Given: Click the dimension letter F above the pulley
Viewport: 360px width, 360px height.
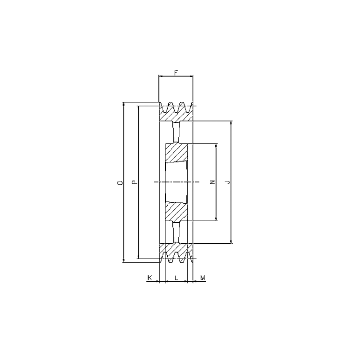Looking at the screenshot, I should click(176, 72).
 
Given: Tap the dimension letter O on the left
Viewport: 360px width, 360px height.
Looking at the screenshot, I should click(120, 182).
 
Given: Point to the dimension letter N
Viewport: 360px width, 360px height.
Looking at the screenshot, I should click(212, 182).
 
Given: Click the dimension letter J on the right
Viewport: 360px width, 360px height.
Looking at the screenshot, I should click(227, 182).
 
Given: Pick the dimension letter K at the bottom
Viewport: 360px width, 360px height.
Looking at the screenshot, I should click(150, 278).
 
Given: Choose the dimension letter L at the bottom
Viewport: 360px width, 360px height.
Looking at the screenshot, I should click(176, 278).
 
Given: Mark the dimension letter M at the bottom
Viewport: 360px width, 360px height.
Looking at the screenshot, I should click(203, 278).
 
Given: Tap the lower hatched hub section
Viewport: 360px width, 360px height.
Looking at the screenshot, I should click(178, 211).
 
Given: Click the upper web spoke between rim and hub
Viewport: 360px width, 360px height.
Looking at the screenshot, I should click(176, 132).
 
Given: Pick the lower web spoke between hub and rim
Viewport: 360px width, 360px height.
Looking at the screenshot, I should click(176, 232).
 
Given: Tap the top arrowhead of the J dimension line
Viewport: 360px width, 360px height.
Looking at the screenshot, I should click(231, 123).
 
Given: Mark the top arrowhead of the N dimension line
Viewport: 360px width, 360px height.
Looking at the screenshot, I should click(216, 146).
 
